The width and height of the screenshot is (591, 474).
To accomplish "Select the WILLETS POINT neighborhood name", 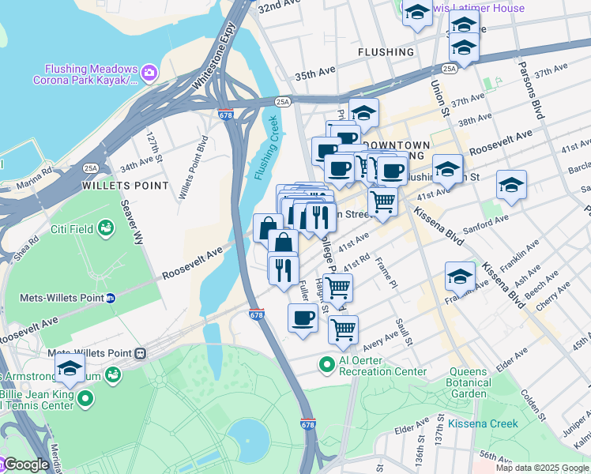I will click(x=126, y=185).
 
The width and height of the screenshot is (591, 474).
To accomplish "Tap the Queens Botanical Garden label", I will click(x=479, y=382).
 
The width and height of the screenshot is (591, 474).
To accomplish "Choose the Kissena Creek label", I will click(x=483, y=423).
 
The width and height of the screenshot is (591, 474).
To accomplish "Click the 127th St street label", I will click(x=153, y=148).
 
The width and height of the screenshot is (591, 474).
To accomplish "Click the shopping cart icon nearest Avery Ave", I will click(x=343, y=330).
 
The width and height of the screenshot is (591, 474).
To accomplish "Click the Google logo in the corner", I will click(x=25, y=465).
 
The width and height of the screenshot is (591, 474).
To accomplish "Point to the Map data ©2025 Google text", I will click(x=541, y=468).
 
